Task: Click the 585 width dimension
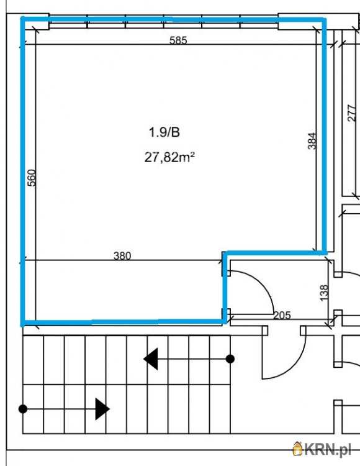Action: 178,40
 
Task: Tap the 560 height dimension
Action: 32,178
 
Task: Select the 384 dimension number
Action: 312,141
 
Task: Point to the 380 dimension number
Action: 122,256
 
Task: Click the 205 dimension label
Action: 282,315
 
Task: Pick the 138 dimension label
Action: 325,293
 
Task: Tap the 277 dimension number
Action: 351,113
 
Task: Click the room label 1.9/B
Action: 164,132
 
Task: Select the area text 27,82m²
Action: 169,157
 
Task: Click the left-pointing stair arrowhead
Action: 151,359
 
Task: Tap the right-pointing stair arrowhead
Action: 102,409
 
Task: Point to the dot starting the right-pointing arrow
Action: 23,409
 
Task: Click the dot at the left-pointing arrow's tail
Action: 230,359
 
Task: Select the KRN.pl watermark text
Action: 327,449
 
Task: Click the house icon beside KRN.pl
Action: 297,449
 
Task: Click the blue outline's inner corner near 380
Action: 225,254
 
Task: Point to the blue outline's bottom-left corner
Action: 22,322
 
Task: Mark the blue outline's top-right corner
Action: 325,20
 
